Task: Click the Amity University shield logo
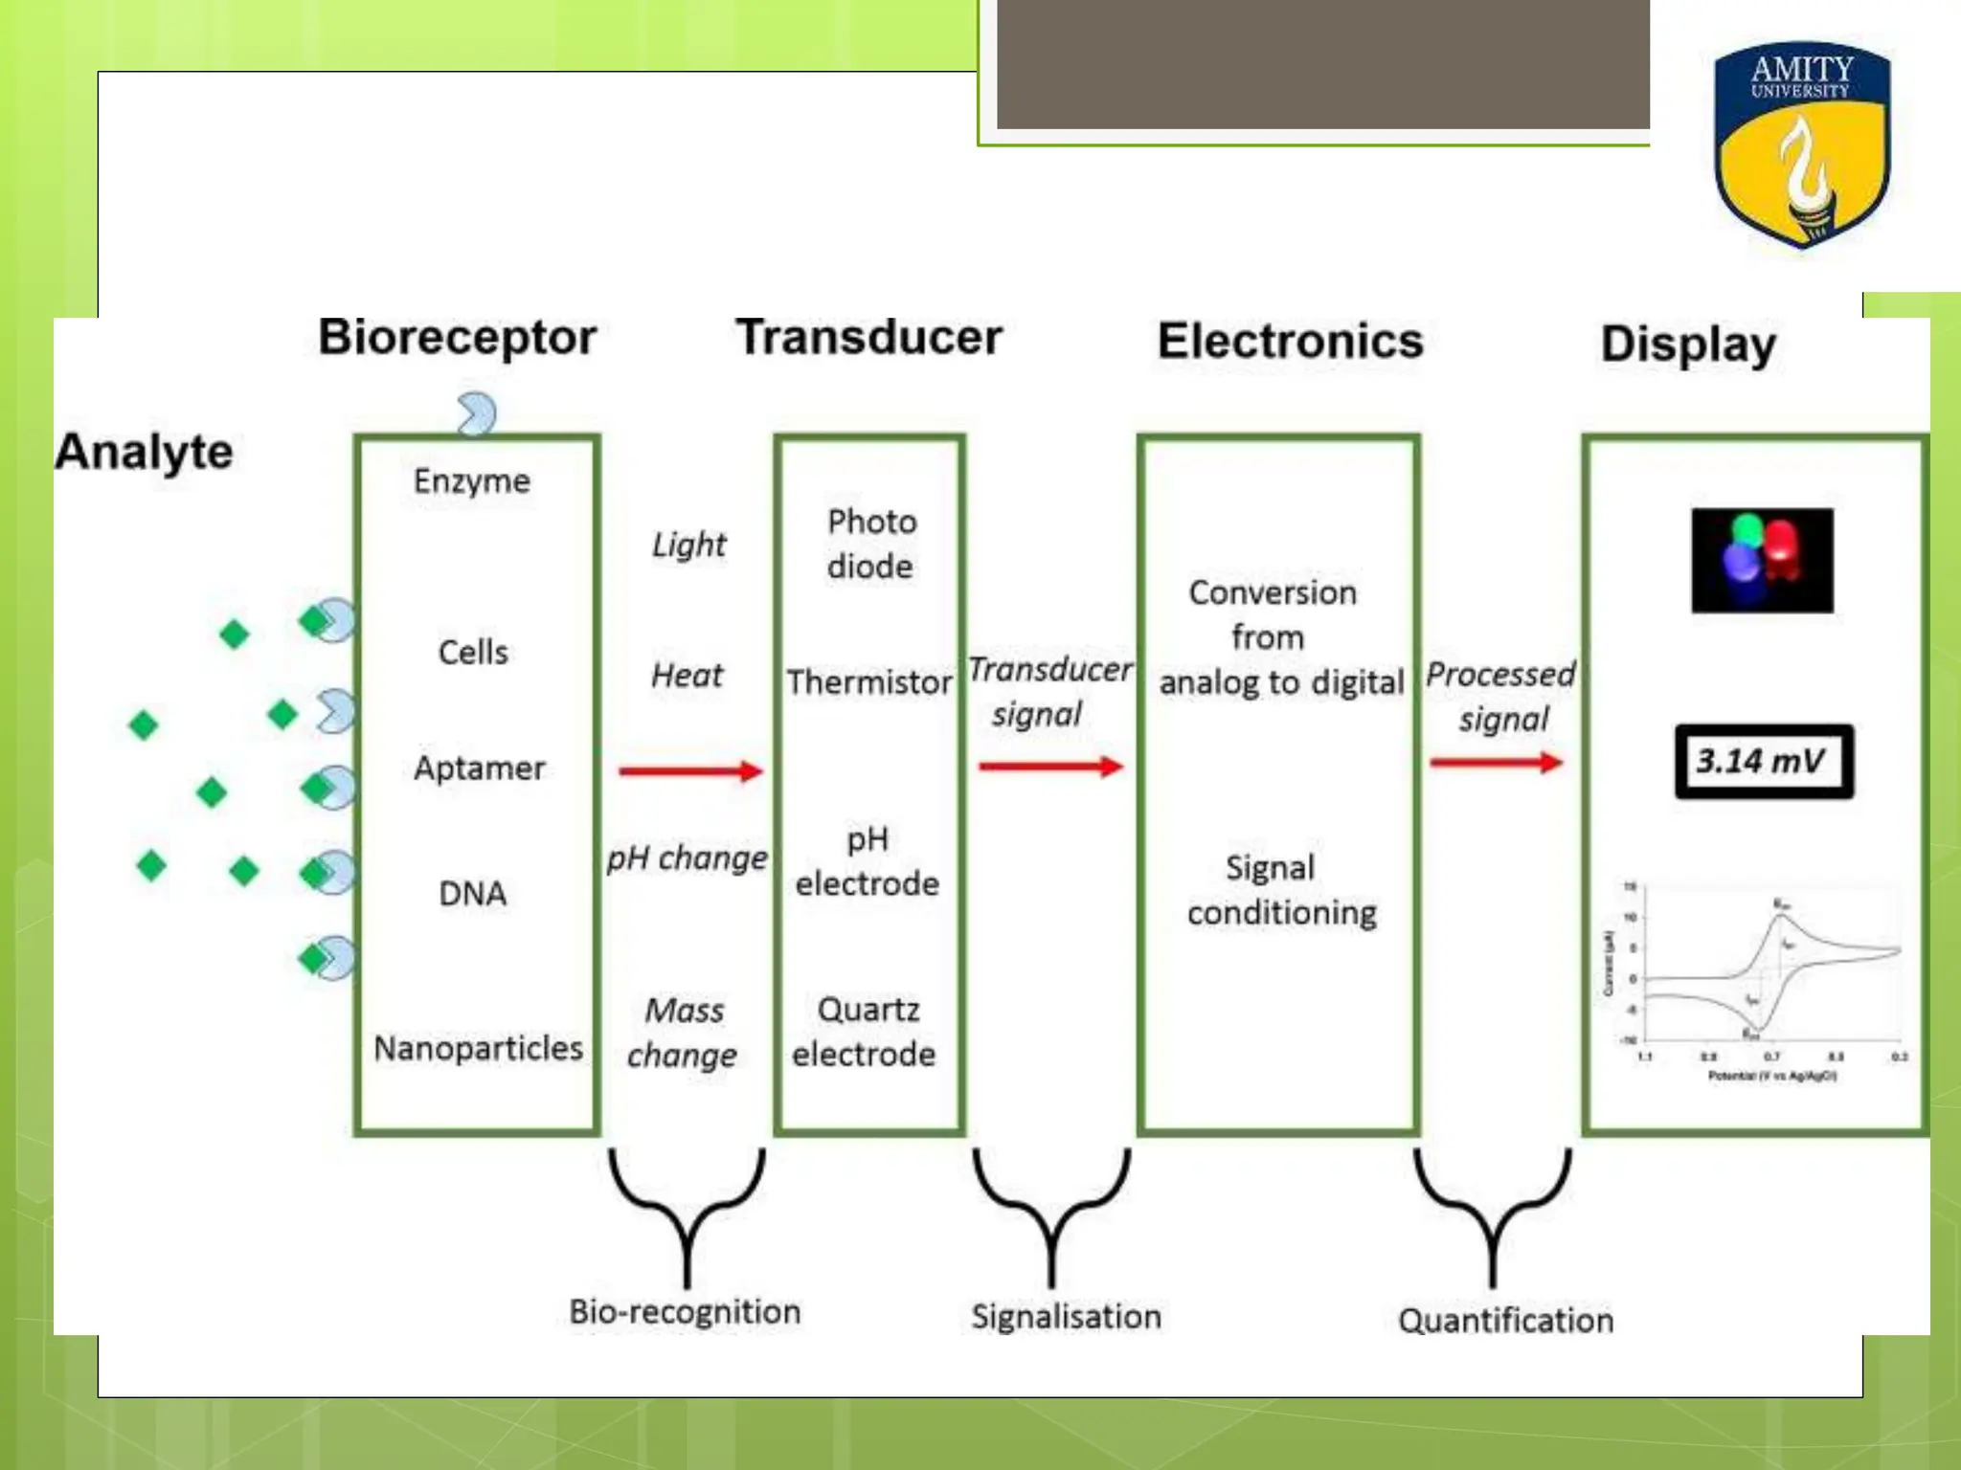click(x=1801, y=144)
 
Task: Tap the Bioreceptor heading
click(x=457, y=337)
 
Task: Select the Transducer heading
click(x=868, y=337)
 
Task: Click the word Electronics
click(x=1290, y=341)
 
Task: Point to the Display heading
click(x=1688, y=345)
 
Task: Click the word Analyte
click(x=144, y=452)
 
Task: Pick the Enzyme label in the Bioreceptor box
click(x=471, y=480)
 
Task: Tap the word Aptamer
click(x=479, y=768)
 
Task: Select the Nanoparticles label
click(x=478, y=1048)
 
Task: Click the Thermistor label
click(x=868, y=682)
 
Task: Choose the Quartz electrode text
click(x=865, y=1032)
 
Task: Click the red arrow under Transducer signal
click(x=1050, y=766)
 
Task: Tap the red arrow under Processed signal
click(x=1496, y=762)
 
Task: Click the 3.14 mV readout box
click(x=1764, y=762)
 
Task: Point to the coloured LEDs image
click(x=1762, y=561)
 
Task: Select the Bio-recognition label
click(x=685, y=1311)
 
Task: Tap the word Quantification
click(x=1505, y=1321)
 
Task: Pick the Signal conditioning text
click(x=1281, y=890)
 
